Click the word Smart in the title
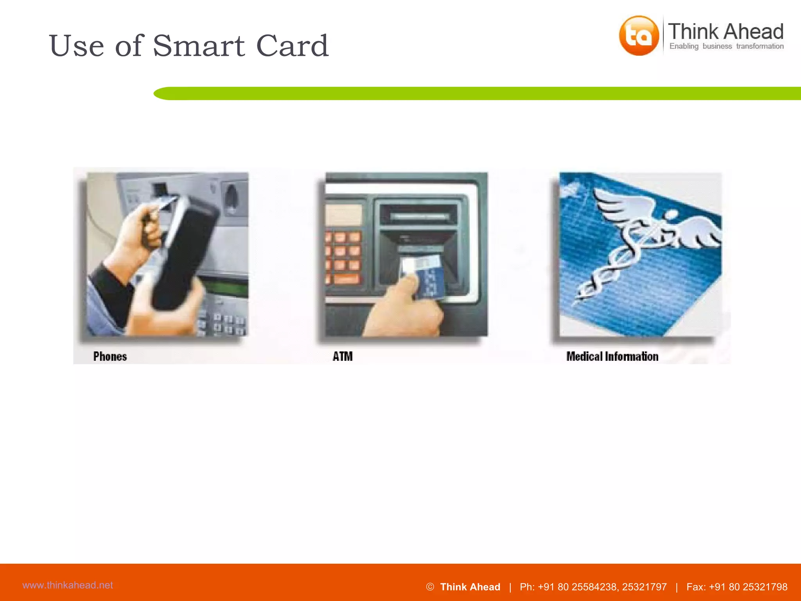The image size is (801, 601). (x=199, y=46)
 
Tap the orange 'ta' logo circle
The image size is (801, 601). (x=638, y=36)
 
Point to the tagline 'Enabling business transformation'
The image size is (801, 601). (x=726, y=46)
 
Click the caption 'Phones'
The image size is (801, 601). (x=110, y=356)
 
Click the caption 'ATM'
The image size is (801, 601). (x=343, y=356)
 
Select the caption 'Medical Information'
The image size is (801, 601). (x=612, y=356)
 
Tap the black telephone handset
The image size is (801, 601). (x=184, y=254)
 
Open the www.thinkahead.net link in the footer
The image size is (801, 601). (x=68, y=585)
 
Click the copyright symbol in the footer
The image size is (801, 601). (x=430, y=587)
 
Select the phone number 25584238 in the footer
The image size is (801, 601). (x=594, y=587)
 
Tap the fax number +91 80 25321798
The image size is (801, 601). (x=748, y=587)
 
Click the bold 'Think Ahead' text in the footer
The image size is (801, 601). (x=470, y=587)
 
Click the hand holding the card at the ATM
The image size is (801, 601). (x=403, y=309)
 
